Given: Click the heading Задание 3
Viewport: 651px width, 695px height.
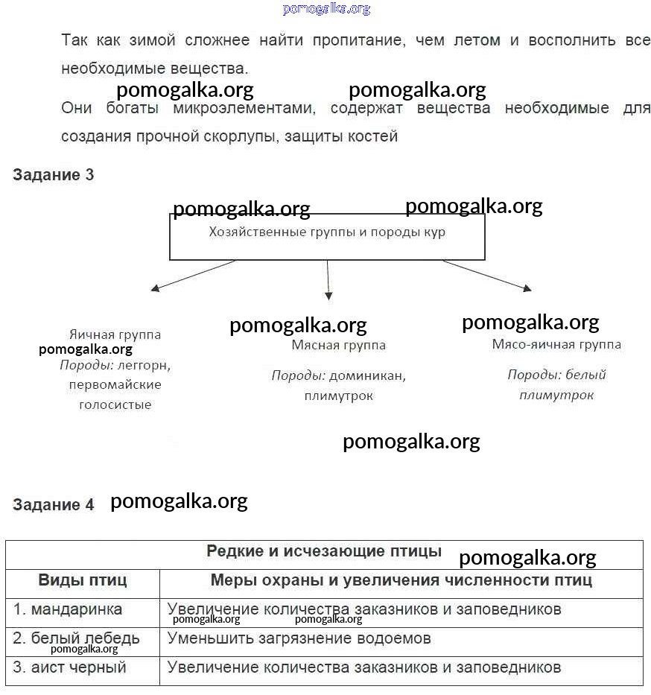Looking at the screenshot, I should tap(53, 175).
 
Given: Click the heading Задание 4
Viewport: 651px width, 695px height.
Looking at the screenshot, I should tap(53, 504).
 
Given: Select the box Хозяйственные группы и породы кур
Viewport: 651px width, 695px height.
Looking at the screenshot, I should tap(327, 238).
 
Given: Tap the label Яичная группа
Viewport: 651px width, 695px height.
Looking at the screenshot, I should tap(115, 334).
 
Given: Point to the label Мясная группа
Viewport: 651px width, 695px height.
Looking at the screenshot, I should tap(338, 345).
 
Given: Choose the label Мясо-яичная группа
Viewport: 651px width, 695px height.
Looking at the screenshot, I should tap(556, 344).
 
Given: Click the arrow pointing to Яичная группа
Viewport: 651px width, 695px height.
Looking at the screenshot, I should tap(194, 275).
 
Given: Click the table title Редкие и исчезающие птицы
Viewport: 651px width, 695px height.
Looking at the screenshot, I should tap(323, 551).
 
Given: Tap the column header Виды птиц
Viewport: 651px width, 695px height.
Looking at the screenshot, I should tap(83, 580).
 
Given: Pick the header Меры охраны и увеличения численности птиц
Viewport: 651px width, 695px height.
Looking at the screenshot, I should tap(401, 580).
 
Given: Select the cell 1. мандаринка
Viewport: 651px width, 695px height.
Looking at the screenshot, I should tap(68, 609).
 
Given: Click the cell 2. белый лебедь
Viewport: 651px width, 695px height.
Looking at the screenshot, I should tap(76, 638).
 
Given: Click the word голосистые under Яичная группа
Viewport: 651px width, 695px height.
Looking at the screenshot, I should tap(115, 404).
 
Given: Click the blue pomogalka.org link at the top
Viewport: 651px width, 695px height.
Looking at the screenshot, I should tap(326, 9).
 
